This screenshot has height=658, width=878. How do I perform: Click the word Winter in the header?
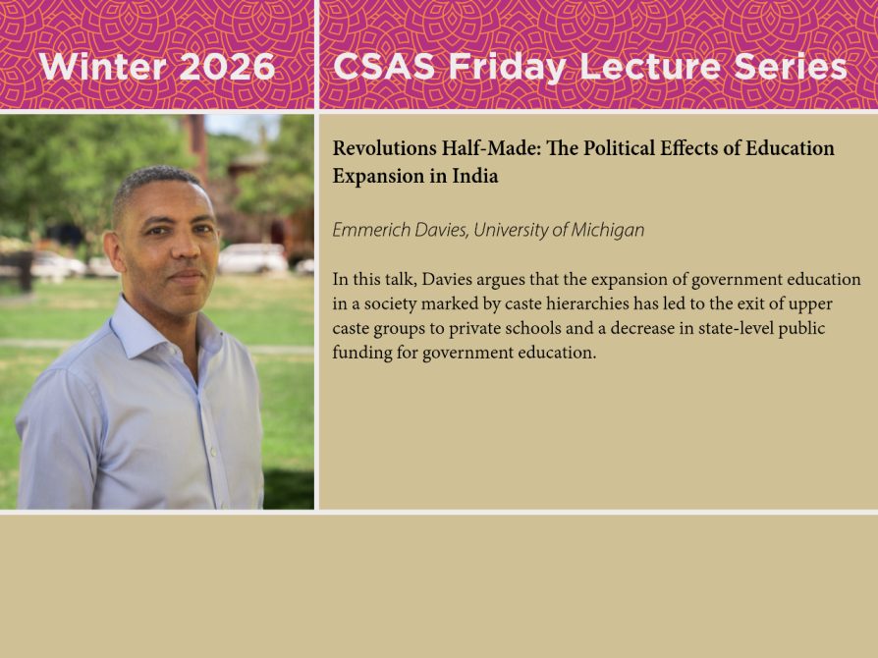[x=95, y=67]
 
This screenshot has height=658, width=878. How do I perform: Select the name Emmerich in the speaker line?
[x=369, y=230]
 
